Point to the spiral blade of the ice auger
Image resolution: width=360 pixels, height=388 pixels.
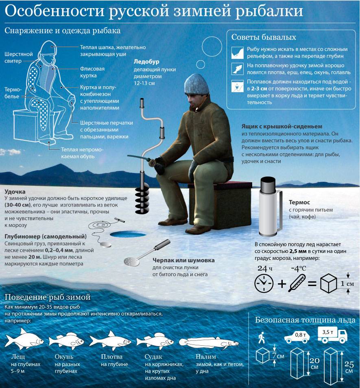[x=142, y=200]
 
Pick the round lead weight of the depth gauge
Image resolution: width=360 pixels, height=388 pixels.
[x=106, y=244]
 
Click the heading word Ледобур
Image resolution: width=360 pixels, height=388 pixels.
[x=146, y=61]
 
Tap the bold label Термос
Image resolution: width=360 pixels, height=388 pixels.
[x=299, y=203]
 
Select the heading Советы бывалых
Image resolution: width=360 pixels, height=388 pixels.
[x=264, y=37]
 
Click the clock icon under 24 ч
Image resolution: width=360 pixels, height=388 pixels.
[x=264, y=283]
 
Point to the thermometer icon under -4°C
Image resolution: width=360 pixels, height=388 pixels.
[x=297, y=283]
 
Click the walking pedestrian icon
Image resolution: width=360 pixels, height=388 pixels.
[x=262, y=338]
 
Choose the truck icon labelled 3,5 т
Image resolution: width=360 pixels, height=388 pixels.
[x=332, y=335]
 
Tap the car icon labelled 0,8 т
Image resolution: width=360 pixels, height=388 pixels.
[x=297, y=336]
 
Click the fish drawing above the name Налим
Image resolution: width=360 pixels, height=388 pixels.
[x=209, y=343]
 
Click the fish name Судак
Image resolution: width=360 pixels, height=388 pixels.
[x=153, y=357]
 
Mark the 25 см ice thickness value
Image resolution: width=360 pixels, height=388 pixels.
[x=349, y=368]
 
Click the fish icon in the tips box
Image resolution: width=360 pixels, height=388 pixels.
[x=238, y=69]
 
